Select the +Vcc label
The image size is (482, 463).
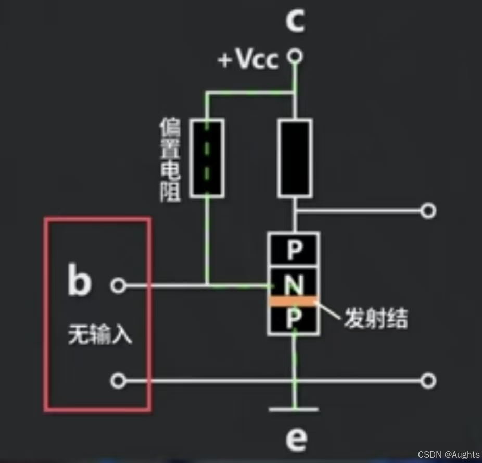point(248,60)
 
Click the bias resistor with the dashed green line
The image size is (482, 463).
point(207,158)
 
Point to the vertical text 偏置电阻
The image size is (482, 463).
point(171,160)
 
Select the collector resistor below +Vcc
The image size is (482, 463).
point(295,158)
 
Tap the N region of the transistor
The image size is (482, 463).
point(294,284)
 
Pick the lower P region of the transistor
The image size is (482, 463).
point(294,319)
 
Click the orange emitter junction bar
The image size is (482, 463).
point(294,301)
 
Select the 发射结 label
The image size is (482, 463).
point(375,318)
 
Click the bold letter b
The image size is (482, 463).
point(80,281)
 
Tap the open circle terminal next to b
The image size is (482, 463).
point(119,285)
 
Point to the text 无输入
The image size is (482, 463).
point(100,335)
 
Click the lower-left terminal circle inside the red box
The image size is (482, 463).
point(119,381)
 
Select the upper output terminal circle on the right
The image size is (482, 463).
point(428,210)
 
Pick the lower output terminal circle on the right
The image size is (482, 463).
point(428,381)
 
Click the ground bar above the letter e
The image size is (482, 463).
point(294,409)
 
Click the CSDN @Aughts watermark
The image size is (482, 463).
point(448,455)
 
